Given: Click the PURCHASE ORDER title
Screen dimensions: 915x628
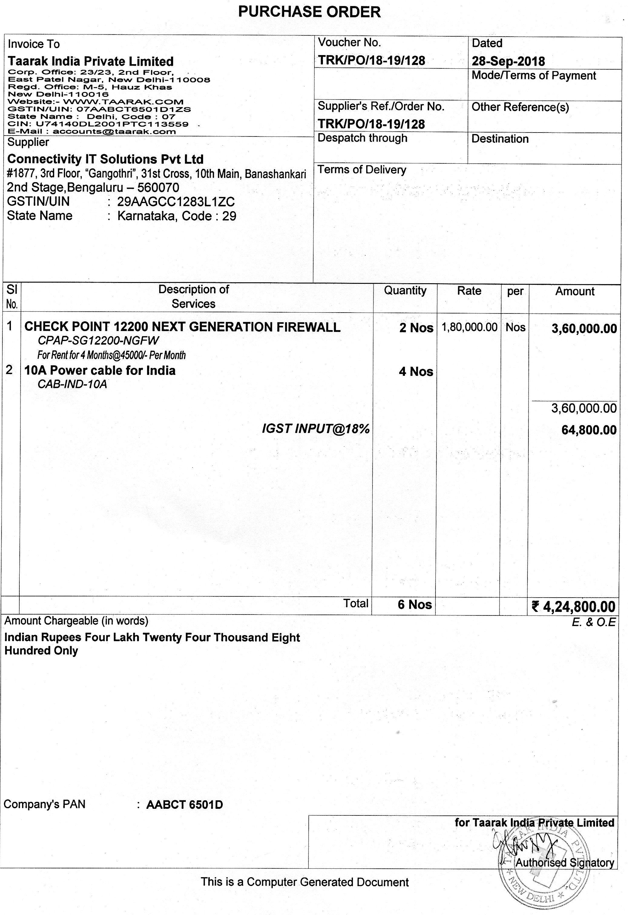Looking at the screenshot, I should [x=310, y=12].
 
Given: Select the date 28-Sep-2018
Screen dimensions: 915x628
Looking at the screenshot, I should [x=508, y=61].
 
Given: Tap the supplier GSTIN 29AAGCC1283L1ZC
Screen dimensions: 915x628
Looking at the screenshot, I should [x=176, y=202].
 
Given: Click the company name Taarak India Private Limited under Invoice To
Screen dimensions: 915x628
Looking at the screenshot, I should [x=90, y=61].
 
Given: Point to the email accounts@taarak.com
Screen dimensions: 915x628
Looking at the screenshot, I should [x=114, y=132].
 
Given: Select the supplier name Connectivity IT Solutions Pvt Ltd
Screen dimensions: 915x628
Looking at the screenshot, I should [x=106, y=159].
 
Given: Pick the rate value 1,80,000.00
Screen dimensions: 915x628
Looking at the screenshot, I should [x=469, y=327].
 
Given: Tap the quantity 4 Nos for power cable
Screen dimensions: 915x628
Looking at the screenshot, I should [x=416, y=372].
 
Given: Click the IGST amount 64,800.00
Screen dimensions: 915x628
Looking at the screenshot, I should [x=589, y=430].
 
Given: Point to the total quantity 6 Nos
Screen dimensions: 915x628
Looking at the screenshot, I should [x=415, y=605].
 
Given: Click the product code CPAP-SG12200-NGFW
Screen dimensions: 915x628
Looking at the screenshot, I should [x=98, y=341].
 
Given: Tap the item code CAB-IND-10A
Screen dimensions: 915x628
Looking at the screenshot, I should [x=72, y=384].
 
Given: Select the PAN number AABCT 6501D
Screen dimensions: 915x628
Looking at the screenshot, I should [x=184, y=805].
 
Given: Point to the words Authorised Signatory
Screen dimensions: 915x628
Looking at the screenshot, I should [x=565, y=863].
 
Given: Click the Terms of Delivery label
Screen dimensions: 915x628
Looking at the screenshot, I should [x=362, y=170].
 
